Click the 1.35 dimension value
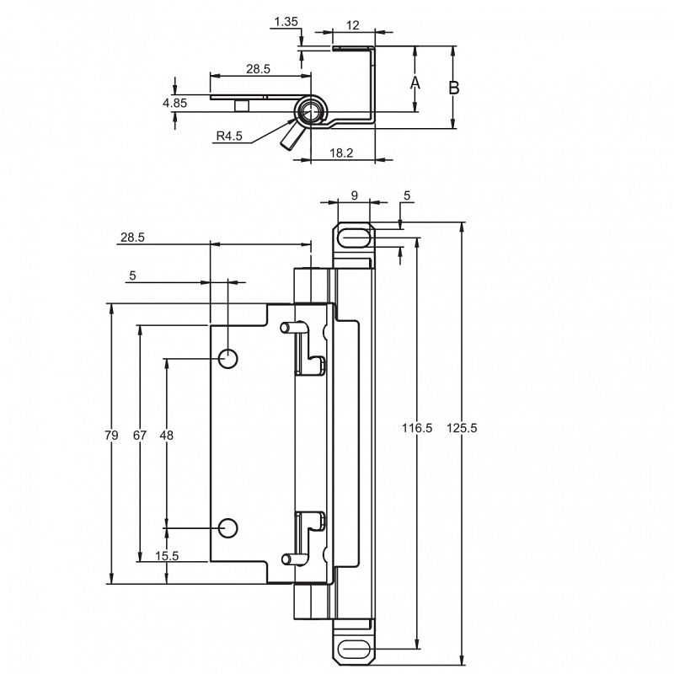point(286,22)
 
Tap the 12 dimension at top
point(352,25)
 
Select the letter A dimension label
point(415,83)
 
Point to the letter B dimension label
point(454,88)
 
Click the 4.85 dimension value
point(174,103)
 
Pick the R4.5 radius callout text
point(229,136)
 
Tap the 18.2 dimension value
point(341,153)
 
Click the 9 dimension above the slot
point(354,195)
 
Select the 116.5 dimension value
point(417,428)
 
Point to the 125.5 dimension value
point(462,428)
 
